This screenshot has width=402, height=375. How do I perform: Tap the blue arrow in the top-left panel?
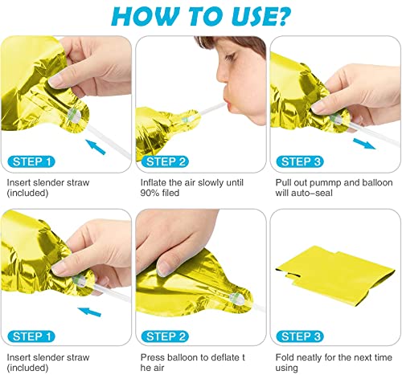(96, 147)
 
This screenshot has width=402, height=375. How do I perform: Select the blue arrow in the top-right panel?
(363, 144)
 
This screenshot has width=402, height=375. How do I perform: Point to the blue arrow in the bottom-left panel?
(89, 312)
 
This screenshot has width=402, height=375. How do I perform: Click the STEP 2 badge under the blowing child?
(166, 161)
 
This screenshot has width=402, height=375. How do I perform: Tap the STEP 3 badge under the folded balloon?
(300, 336)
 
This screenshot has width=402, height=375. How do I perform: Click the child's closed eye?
(230, 58)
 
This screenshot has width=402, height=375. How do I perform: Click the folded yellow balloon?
(336, 276)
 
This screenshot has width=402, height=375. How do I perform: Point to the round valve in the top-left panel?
(74, 116)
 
